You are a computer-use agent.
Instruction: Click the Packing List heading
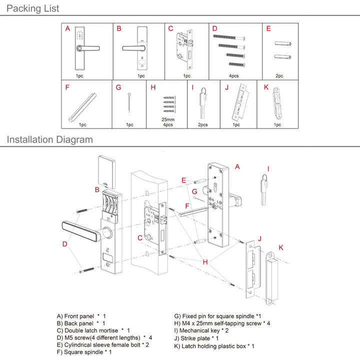(x=33, y=8)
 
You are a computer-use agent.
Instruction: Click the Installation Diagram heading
(x=50, y=139)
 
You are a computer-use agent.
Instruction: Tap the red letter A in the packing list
(x=67, y=29)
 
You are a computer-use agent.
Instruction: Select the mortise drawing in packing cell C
(x=186, y=50)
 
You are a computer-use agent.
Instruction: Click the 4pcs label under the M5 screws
(x=234, y=76)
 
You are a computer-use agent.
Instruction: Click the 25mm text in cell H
(x=168, y=119)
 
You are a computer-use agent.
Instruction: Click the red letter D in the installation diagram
(x=64, y=244)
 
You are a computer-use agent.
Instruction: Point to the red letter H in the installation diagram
(x=205, y=261)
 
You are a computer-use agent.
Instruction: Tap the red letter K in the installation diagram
(x=281, y=247)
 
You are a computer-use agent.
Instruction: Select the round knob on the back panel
(x=106, y=232)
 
